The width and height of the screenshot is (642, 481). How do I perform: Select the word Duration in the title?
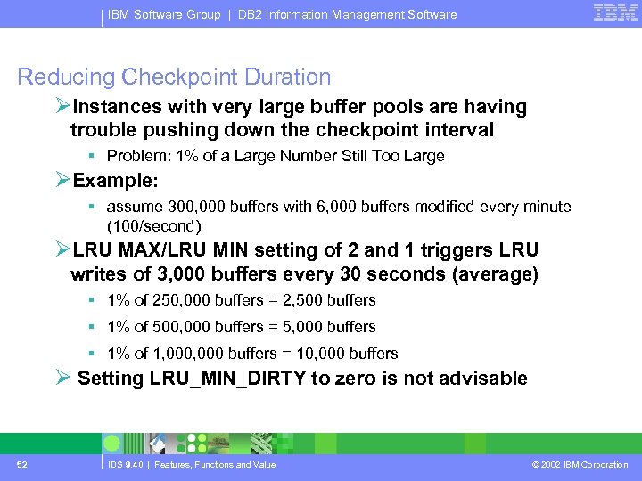click(284, 77)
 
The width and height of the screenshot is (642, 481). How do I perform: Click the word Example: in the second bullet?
click(115, 180)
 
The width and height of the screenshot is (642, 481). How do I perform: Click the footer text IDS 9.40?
click(124, 465)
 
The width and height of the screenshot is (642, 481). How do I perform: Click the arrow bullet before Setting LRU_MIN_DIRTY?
click(62, 379)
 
